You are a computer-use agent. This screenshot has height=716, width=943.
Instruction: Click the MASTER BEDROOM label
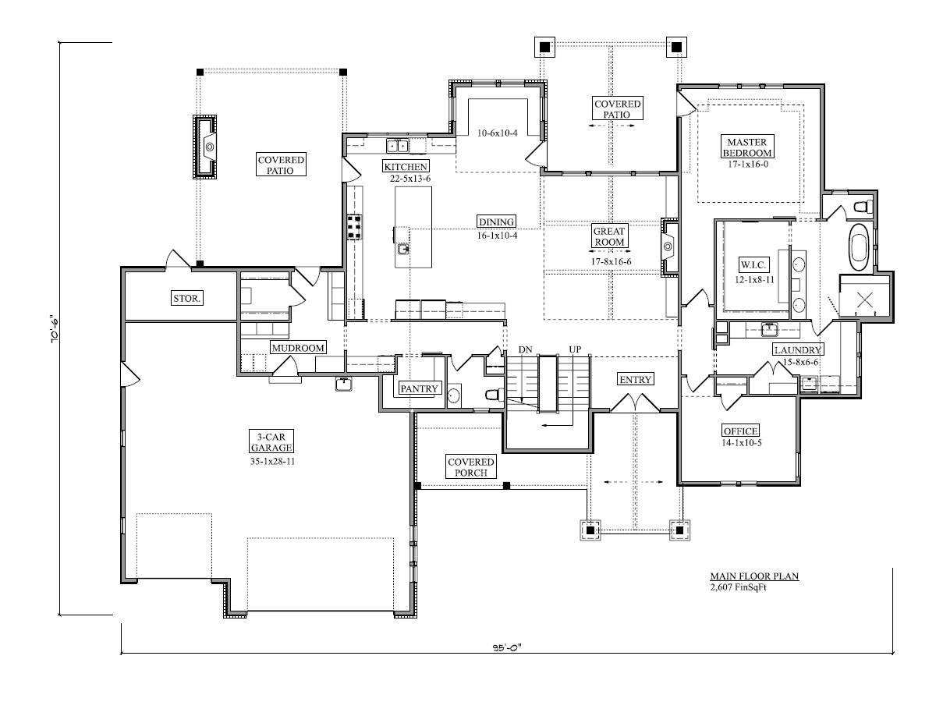[746, 147]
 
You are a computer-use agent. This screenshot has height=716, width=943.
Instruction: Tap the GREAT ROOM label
[608, 236]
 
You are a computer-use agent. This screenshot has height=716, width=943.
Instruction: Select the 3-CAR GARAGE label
[271, 442]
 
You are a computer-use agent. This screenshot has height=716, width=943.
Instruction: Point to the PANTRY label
[419, 388]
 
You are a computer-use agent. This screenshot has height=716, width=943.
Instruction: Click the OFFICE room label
[740, 431]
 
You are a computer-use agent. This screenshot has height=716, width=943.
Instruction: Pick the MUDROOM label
[298, 348]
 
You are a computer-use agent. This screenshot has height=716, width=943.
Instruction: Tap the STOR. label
[187, 298]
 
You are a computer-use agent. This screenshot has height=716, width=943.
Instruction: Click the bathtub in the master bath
[859, 246]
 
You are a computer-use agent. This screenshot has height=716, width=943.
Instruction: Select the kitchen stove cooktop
[354, 227]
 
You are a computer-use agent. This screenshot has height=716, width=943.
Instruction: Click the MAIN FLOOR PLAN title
[754, 576]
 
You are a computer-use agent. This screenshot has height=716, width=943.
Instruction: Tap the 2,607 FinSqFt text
[739, 587]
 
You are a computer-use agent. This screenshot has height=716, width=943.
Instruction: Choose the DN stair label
[525, 349]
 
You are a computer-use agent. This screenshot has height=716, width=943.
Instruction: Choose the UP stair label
[575, 349]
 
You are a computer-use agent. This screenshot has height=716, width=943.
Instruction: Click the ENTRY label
[635, 379]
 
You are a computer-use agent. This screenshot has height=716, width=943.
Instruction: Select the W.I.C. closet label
[752, 264]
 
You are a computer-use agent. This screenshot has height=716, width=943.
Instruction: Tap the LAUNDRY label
[797, 349]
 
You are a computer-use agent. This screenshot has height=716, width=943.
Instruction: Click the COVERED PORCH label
[470, 467]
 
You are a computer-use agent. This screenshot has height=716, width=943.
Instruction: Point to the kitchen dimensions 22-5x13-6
[410, 179]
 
